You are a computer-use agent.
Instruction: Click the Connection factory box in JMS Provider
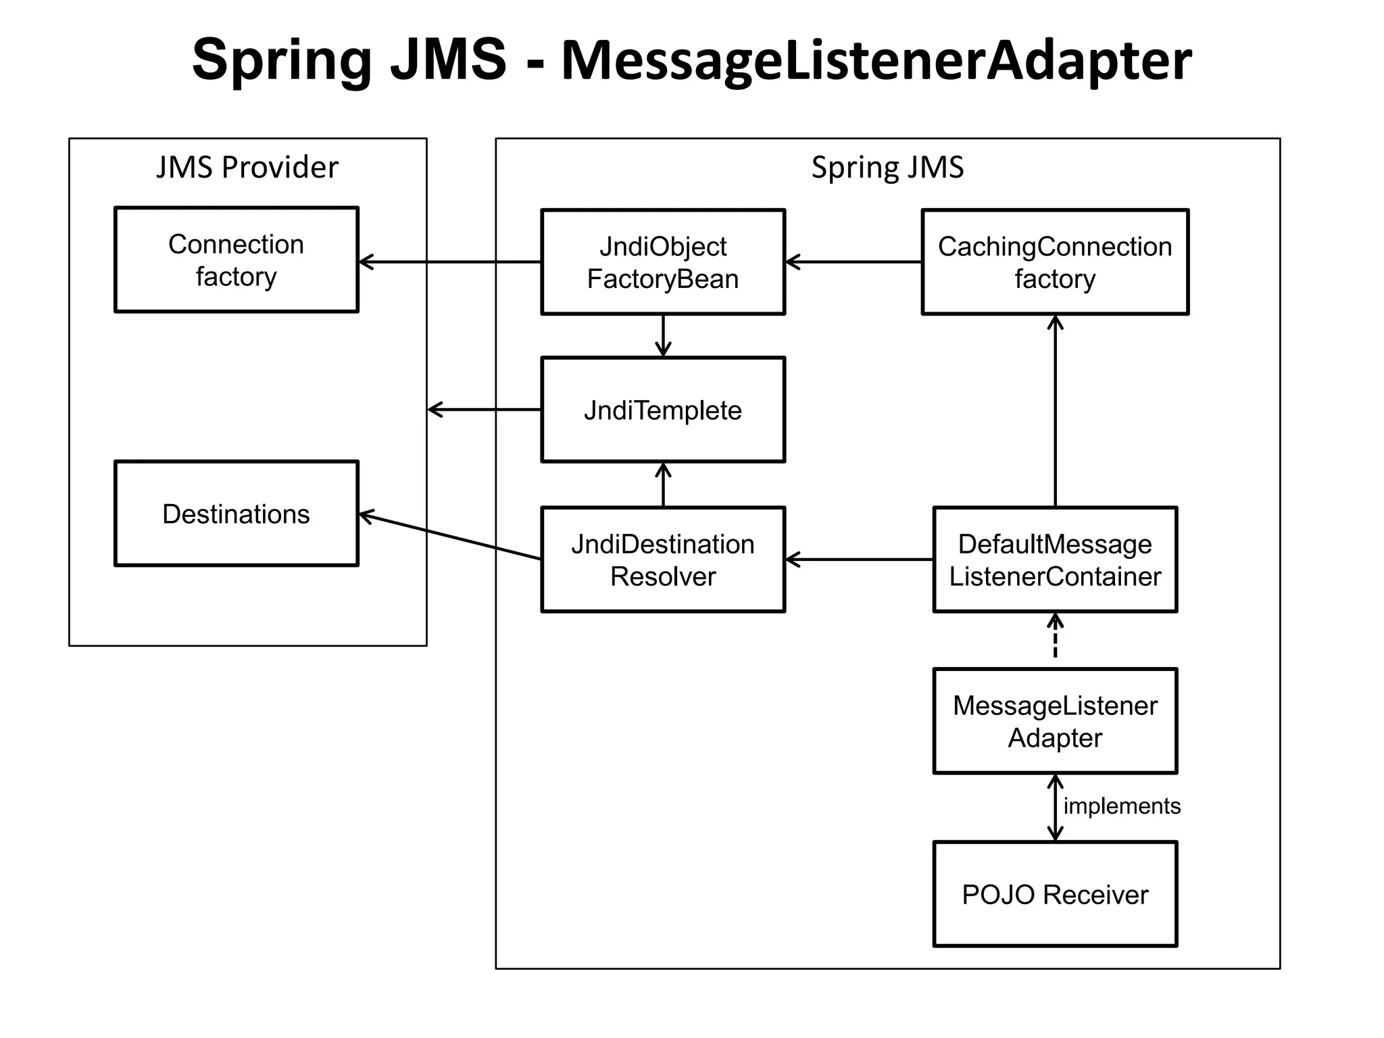point(236,259)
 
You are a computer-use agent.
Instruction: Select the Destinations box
point(236,514)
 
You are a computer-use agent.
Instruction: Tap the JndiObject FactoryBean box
point(662,262)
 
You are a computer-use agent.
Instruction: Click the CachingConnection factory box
point(1054,262)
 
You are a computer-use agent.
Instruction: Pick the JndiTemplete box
point(662,410)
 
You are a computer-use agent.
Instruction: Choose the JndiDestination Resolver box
point(662,560)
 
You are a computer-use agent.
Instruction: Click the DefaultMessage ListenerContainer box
point(1054,560)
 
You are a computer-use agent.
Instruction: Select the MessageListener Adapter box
point(1054,721)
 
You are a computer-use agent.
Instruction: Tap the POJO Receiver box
point(1054,893)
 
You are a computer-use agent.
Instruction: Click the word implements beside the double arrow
point(1122,806)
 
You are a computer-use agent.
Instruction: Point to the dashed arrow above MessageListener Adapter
point(1055,639)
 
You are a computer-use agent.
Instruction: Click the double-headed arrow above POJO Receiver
point(1055,808)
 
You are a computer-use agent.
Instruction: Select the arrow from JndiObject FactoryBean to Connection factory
point(449,262)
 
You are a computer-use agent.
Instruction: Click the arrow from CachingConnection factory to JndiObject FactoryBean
point(853,262)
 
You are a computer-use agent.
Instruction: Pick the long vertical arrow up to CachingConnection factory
point(1055,412)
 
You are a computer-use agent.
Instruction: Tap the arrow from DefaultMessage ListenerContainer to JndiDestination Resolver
point(858,560)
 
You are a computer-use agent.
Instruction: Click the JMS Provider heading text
point(247,167)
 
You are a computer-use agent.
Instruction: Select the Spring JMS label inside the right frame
point(887,167)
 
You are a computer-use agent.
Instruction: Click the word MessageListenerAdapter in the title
point(876,61)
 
